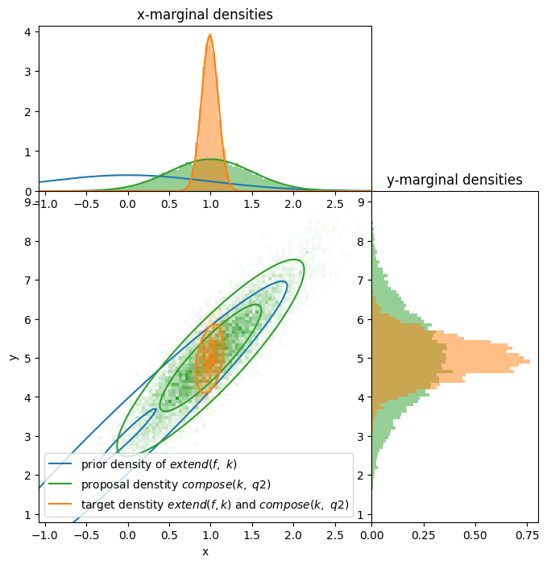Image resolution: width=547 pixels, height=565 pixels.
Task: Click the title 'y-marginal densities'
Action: click(454, 180)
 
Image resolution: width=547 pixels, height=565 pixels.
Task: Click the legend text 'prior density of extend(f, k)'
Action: click(159, 465)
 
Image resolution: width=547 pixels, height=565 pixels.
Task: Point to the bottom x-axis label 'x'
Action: click(205, 551)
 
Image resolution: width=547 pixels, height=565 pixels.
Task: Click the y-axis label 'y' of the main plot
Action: click(14, 356)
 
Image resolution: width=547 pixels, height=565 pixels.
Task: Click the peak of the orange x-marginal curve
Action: click(210, 35)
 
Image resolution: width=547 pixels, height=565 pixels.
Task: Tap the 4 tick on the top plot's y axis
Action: click(27, 32)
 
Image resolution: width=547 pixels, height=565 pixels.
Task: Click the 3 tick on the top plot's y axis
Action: click(27, 72)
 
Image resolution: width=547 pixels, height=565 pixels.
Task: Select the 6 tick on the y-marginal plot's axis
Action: click(363, 319)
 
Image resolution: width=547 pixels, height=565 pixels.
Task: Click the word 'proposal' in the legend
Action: click(104, 484)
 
